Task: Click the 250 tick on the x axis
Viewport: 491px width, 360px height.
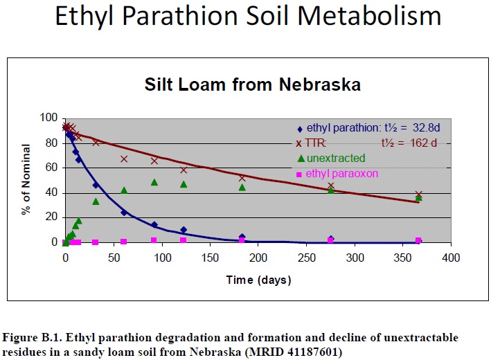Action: click(307, 258)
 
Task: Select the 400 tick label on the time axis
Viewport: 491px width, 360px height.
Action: click(452, 258)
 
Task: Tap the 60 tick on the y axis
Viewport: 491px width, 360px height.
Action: click(52, 168)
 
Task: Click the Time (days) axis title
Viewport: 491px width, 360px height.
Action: click(258, 280)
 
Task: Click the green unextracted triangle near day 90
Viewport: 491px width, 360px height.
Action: click(154, 182)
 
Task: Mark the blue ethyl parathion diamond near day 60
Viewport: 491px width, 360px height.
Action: click(124, 213)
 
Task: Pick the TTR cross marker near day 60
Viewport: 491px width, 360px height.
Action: click(124, 159)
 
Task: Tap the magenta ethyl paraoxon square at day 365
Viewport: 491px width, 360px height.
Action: click(418, 240)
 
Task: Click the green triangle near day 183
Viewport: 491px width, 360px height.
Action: click(242, 187)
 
